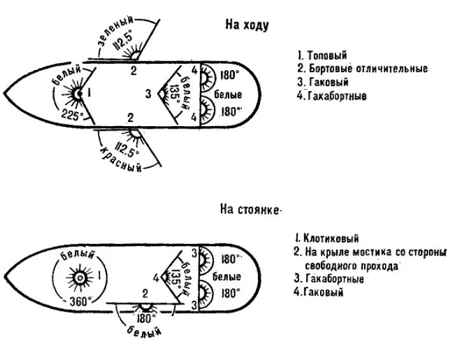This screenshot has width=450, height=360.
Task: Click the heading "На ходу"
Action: click(247, 25)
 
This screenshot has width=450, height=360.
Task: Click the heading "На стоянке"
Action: click(251, 211)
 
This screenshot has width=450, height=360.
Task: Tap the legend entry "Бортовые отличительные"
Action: click(362, 69)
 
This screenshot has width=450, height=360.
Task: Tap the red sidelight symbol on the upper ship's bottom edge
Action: click(134, 131)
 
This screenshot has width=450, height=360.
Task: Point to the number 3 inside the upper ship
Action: click(148, 94)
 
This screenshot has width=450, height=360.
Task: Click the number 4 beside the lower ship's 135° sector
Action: click(155, 277)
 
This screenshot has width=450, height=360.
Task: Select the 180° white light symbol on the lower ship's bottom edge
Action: click(146, 306)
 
